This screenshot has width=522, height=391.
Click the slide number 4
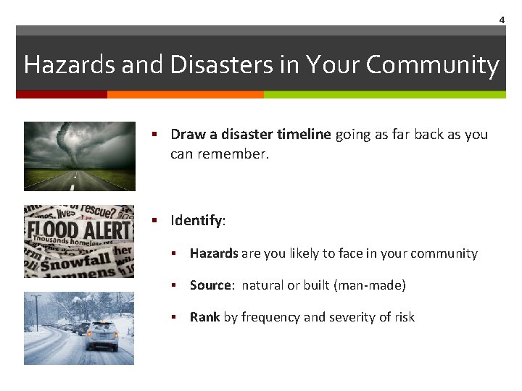[x=501, y=20]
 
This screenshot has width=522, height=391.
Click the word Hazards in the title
[x=70, y=64]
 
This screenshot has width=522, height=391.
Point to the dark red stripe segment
[x=62, y=94]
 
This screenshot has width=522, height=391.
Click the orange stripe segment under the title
[x=185, y=94]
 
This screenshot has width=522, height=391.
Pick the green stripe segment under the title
[x=384, y=94]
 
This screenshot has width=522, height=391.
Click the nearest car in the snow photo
[x=101, y=335]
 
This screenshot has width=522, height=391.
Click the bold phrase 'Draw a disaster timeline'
[x=251, y=134]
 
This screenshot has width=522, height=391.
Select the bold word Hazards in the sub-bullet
[x=214, y=253]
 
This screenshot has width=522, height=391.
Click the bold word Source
[x=210, y=285]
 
